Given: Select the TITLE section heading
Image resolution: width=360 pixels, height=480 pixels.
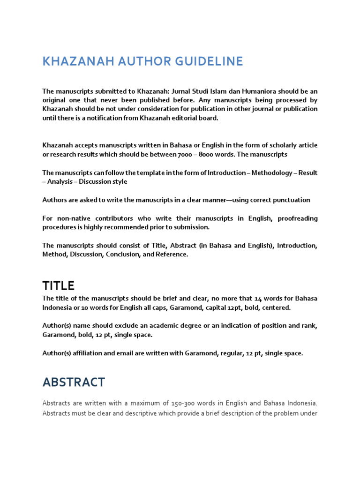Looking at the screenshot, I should [x=59, y=285].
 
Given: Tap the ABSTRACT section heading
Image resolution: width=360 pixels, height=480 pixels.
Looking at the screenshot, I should [x=74, y=382].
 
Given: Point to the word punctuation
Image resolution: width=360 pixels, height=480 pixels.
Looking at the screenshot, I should [x=290, y=200].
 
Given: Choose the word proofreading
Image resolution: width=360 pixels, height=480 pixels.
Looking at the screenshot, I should [x=298, y=218].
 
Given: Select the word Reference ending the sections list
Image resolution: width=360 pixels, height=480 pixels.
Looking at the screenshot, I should [x=171, y=254].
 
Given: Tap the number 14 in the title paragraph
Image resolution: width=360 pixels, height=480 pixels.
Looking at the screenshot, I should [x=258, y=299].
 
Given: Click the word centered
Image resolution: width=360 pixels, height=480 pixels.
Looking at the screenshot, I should [x=276, y=307].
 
